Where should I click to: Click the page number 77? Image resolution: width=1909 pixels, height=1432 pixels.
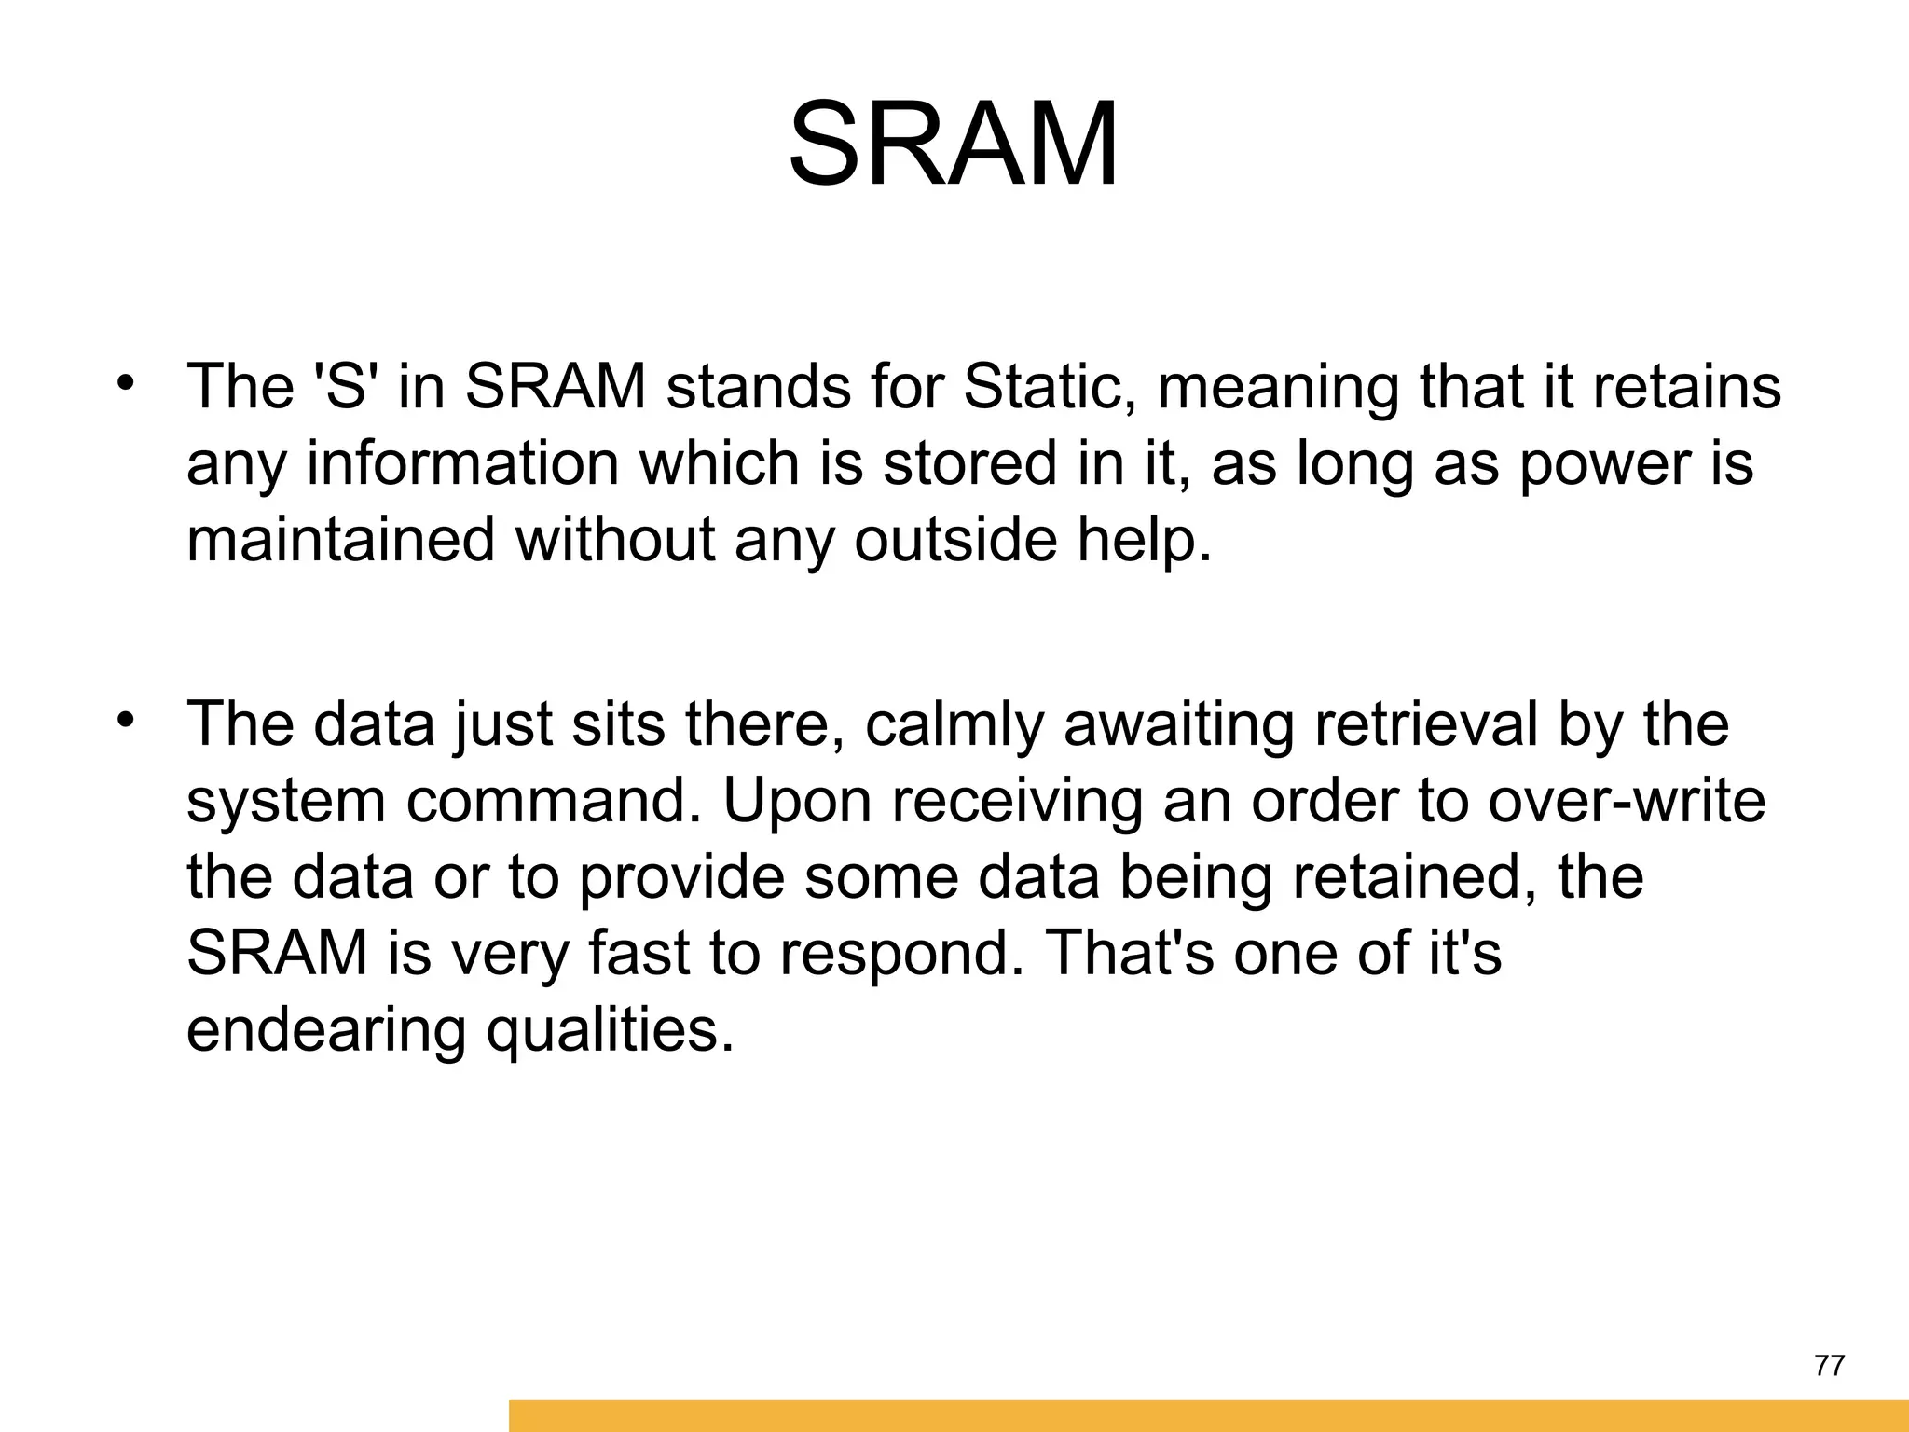click(1830, 1366)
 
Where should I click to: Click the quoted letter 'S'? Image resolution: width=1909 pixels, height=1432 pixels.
click(345, 386)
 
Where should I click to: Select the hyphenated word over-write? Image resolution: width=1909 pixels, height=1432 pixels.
click(1626, 801)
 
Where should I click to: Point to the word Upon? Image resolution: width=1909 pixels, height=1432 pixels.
click(798, 803)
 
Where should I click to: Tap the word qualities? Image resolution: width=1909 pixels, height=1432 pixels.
click(610, 1031)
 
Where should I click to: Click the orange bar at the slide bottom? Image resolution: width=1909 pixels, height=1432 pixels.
click(1208, 1415)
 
